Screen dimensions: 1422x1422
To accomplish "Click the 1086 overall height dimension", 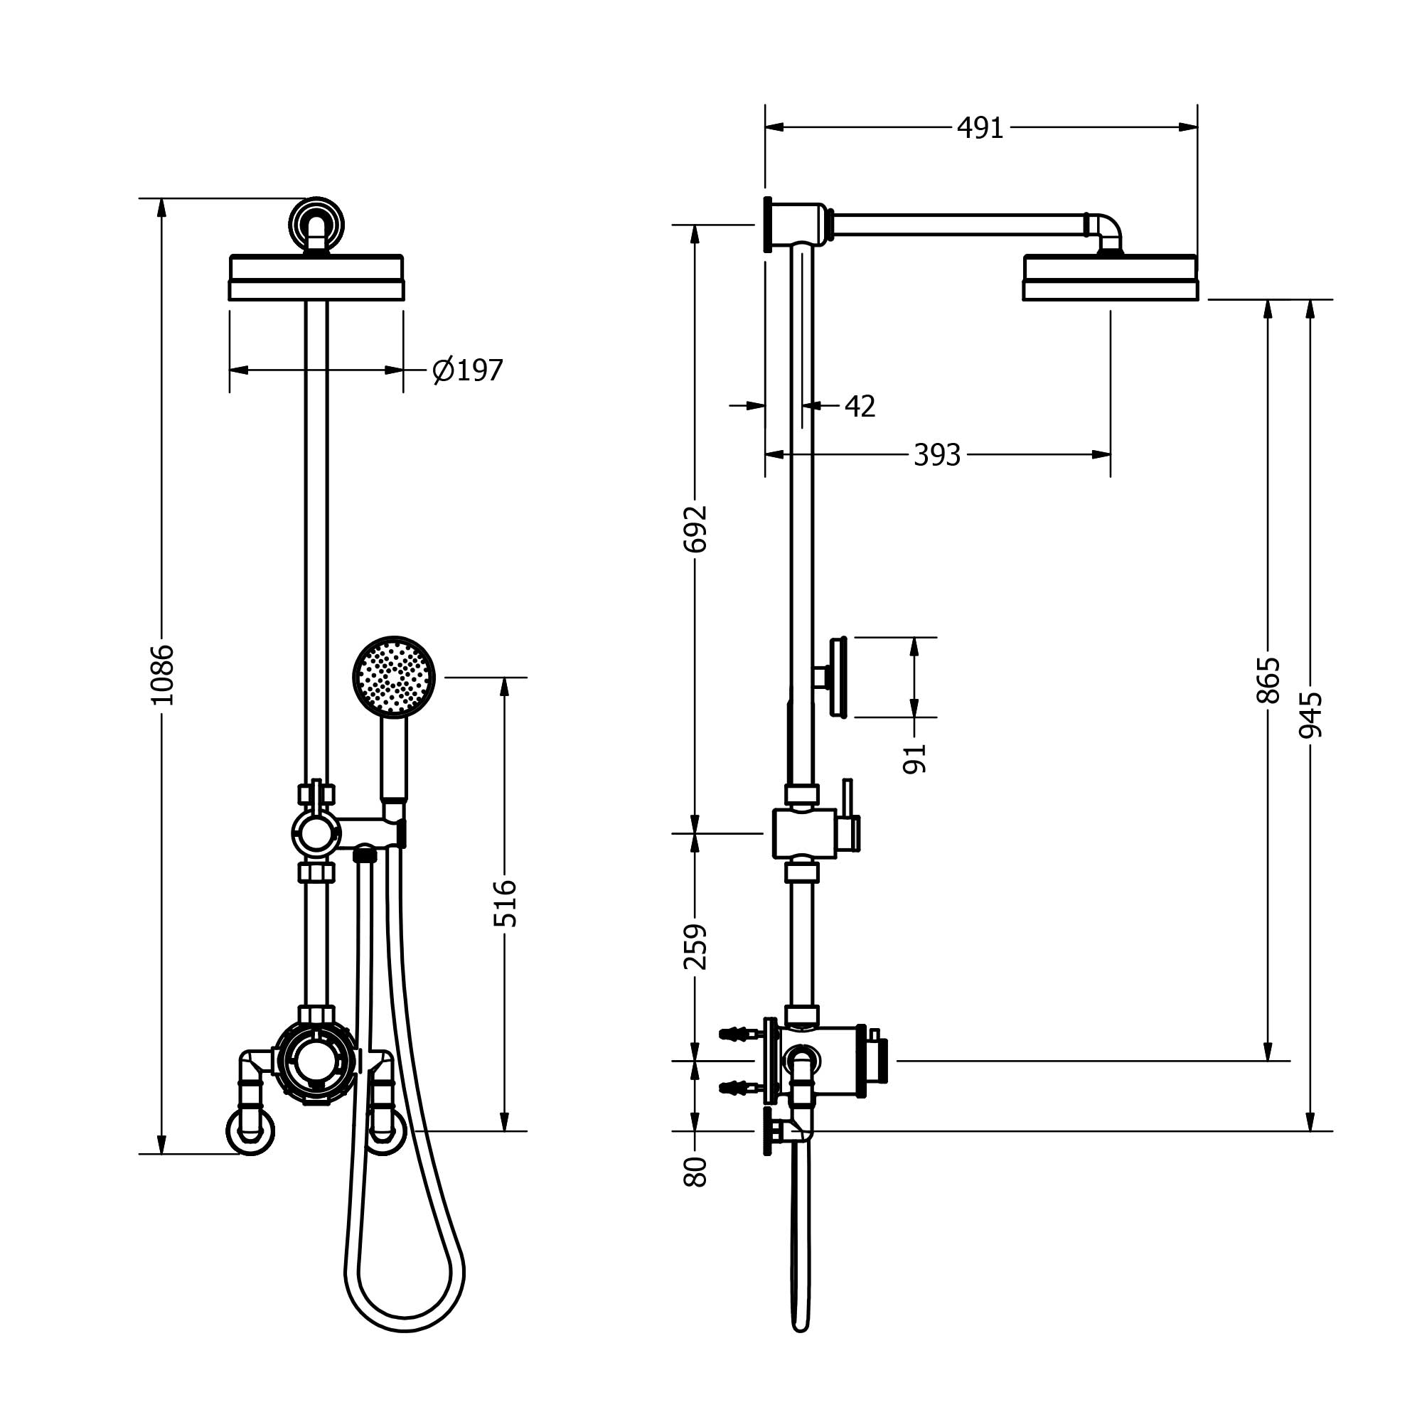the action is click(x=162, y=674).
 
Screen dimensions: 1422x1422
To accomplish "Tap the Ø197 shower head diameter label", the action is click(x=467, y=370).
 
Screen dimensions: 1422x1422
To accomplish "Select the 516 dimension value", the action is click(x=505, y=903).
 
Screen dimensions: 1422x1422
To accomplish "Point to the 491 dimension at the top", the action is click(x=980, y=128).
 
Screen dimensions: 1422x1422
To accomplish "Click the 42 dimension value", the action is click(x=860, y=406).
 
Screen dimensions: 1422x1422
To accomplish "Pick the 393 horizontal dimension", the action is click(x=937, y=456).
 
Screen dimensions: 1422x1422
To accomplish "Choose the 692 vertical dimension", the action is click(x=695, y=528).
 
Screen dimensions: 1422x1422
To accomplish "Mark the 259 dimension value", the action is click(x=695, y=947).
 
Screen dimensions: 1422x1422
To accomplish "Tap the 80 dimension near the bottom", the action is click(x=695, y=1172).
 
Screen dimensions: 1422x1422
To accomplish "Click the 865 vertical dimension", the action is click(x=1268, y=681).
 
